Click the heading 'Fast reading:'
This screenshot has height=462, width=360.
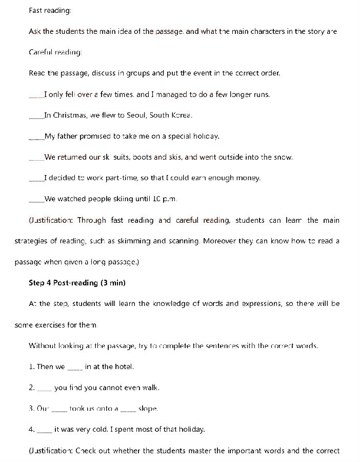point(50,11)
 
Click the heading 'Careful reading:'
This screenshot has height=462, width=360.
point(55,52)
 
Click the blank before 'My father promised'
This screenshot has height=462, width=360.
point(36,138)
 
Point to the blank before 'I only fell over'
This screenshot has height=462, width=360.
point(36,96)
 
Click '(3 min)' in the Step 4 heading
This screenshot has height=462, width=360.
point(113,283)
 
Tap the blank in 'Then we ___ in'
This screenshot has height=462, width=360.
point(75,368)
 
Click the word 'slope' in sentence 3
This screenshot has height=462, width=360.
point(148,409)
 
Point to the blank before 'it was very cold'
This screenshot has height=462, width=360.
point(45,431)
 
